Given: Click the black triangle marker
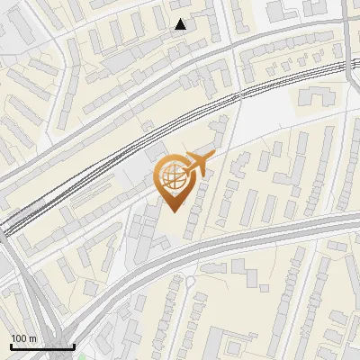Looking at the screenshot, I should (181, 24).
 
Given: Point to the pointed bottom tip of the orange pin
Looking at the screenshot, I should (172, 210).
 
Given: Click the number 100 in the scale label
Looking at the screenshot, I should (19, 338).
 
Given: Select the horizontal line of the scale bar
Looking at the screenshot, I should (42, 347).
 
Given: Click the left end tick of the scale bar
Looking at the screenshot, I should (11, 346).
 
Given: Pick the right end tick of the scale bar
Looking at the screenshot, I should (74, 346).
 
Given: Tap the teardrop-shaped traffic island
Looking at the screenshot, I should (190, 281).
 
